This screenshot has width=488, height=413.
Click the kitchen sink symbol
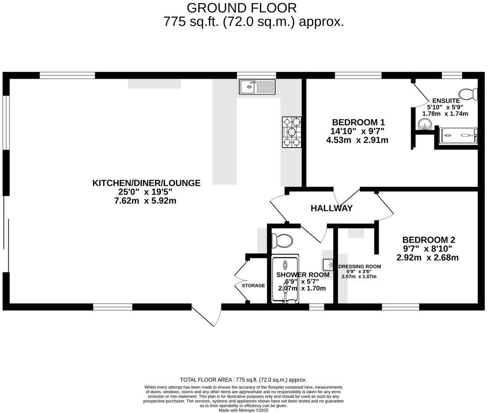[x=257, y=87]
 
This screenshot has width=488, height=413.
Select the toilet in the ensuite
[x=468, y=94]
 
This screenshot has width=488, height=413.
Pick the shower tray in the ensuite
[x=458, y=135]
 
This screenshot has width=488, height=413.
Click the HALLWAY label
[x=331, y=208]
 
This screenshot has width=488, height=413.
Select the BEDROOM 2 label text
[x=429, y=240]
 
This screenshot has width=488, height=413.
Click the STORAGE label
[x=253, y=286]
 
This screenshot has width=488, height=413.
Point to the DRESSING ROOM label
[x=359, y=266]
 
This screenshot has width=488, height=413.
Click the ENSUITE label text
[x=446, y=100]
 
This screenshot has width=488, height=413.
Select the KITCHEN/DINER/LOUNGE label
[x=146, y=183]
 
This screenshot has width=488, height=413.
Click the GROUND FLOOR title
[x=242, y=7]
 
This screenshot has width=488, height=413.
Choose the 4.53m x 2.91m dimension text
[x=357, y=140]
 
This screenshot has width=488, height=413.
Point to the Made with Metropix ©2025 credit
[x=243, y=410]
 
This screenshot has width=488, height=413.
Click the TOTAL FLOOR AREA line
[x=243, y=380]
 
